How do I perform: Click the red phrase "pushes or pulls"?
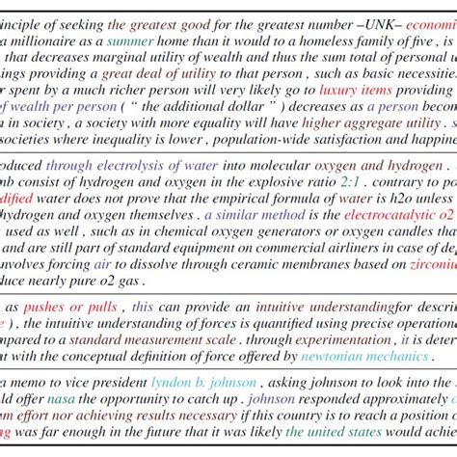pos(67,307)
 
